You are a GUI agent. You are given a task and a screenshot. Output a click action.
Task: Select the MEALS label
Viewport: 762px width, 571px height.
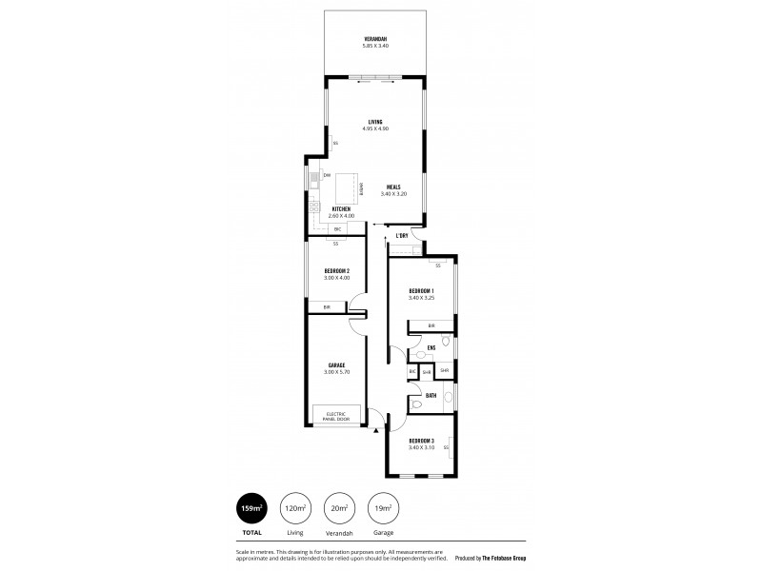393,187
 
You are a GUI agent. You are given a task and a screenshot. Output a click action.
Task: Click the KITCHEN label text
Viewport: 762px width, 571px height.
341,209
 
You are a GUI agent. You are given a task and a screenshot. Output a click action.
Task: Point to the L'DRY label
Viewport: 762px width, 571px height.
402,235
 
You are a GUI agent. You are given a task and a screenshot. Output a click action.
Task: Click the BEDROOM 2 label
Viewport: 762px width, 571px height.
336,271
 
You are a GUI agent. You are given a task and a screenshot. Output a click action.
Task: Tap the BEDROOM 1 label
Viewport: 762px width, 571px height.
421,290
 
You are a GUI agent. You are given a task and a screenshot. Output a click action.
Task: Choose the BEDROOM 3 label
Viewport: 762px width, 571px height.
421,441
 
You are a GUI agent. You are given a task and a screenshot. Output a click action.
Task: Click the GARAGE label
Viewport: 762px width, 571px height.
336,364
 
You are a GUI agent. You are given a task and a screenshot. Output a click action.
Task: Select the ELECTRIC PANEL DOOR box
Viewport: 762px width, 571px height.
338,415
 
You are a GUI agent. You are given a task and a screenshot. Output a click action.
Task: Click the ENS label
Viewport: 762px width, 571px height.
431,348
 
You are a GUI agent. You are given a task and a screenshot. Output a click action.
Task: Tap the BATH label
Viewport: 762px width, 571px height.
431,395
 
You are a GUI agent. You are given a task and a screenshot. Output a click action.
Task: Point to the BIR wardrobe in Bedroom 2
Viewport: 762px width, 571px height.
328,306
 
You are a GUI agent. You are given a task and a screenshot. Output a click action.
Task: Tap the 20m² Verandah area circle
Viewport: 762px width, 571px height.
340,508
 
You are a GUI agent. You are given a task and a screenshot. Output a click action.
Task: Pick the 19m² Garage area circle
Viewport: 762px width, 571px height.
382,508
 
